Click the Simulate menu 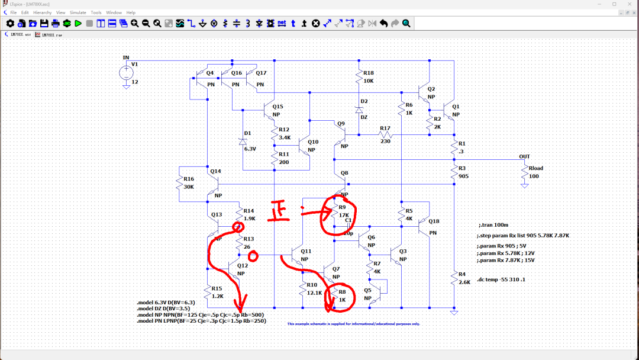(x=78, y=12)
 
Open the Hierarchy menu (x=42, y=12)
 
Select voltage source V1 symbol (x=126, y=73)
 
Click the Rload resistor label (x=535, y=168)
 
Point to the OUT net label (x=524, y=157)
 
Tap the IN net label (x=126, y=57)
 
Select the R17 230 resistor (x=385, y=134)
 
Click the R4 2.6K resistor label (x=464, y=278)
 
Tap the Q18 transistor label (x=434, y=221)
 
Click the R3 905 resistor (x=454, y=172)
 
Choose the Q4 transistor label (x=209, y=73)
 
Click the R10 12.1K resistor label (x=313, y=289)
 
